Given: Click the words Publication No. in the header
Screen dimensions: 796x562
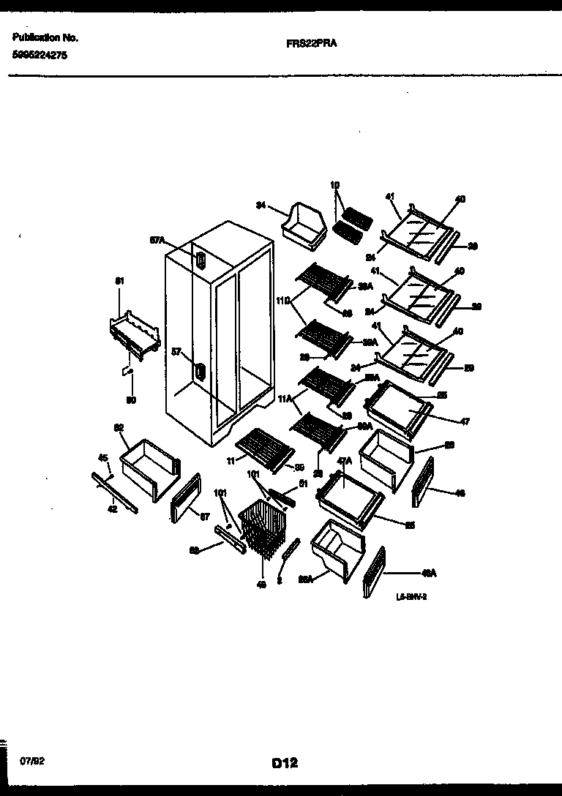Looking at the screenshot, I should (x=45, y=37).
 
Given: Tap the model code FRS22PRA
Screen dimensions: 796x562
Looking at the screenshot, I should (x=306, y=43).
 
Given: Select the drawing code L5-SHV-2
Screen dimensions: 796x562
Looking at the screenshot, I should (x=411, y=596).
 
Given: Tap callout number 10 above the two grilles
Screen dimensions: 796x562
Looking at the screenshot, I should (x=335, y=186).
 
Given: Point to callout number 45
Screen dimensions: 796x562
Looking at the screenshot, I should (x=103, y=459).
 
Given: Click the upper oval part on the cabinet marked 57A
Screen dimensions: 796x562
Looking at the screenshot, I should (x=200, y=260).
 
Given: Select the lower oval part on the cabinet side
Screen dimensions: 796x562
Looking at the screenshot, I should (x=198, y=372).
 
